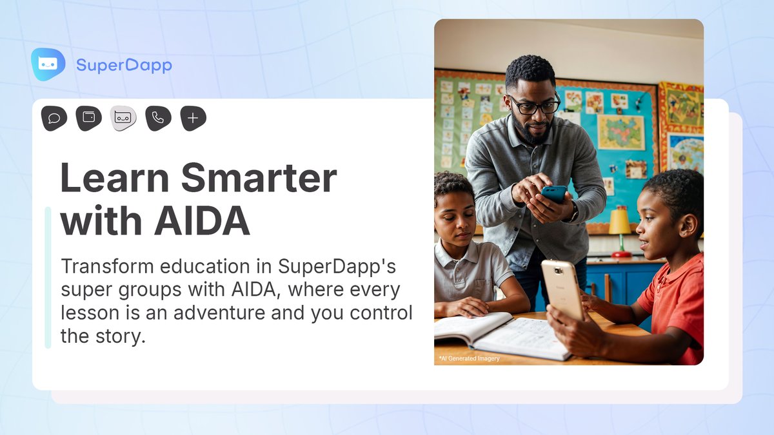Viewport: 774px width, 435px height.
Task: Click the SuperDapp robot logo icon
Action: pyautogui.click(x=48, y=64)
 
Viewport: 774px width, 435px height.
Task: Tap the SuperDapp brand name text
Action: pyautogui.click(x=124, y=65)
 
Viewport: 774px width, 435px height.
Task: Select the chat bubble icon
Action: pyautogui.click(x=54, y=119)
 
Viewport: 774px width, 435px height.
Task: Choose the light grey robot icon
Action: pyautogui.click(x=123, y=119)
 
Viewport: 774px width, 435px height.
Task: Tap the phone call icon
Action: pyautogui.click(x=158, y=119)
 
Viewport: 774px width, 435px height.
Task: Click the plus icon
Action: pyautogui.click(x=193, y=119)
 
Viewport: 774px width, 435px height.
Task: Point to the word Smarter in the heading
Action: pyautogui.click(x=258, y=178)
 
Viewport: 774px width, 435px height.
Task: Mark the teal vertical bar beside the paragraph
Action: pyautogui.click(x=48, y=278)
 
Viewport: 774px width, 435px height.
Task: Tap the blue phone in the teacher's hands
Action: pyautogui.click(x=553, y=193)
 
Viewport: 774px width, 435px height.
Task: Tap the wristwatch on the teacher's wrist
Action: pyautogui.click(x=573, y=213)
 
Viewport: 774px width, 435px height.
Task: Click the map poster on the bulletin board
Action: pyautogui.click(x=620, y=132)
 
